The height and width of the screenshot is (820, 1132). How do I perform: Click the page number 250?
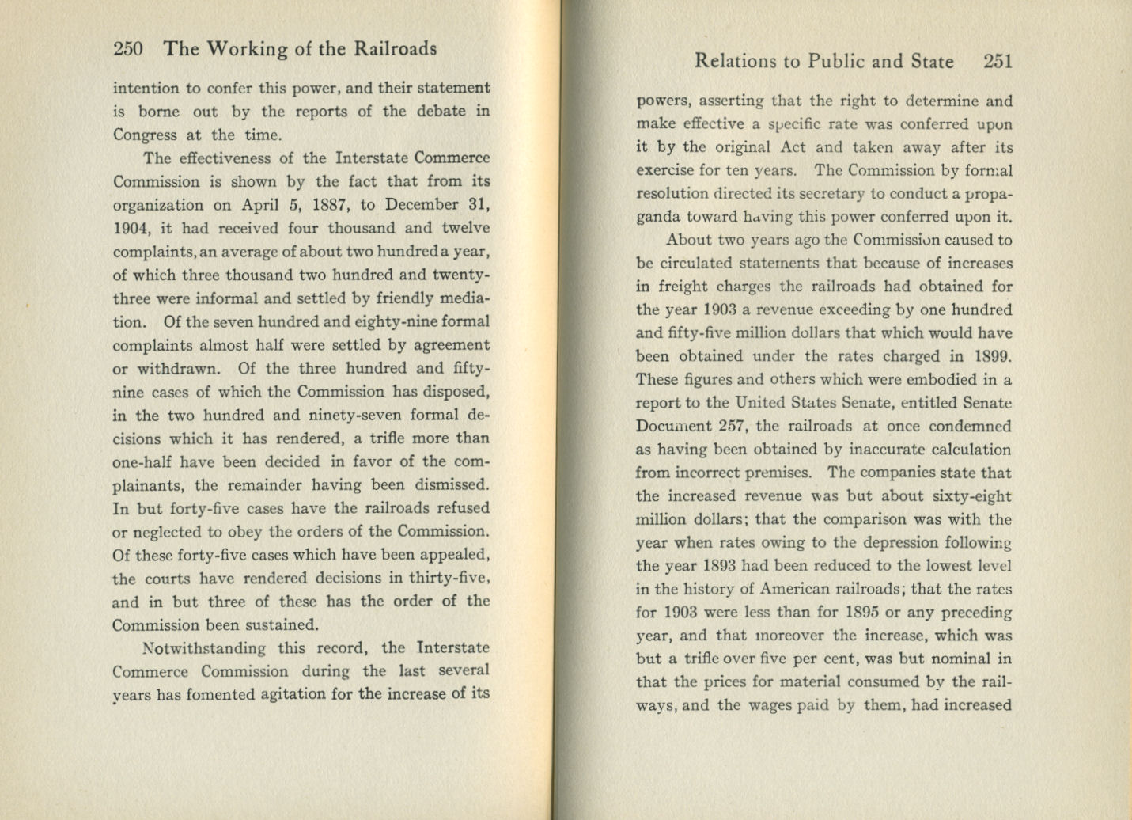click(128, 49)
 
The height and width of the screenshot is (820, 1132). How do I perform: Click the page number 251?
click(998, 62)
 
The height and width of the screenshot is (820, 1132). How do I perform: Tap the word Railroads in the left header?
click(394, 49)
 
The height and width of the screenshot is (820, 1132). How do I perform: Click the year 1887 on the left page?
click(332, 205)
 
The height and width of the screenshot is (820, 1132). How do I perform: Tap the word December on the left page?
click(423, 205)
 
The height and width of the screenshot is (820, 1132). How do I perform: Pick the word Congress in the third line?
click(145, 135)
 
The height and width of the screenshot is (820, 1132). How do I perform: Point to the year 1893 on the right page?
click(720, 566)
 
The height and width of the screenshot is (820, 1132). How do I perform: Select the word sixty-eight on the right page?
click(971, 496)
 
